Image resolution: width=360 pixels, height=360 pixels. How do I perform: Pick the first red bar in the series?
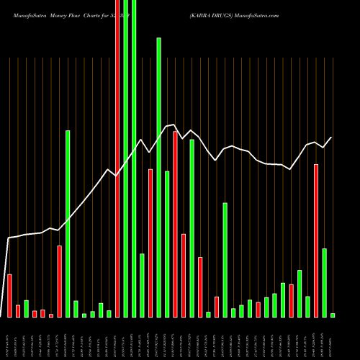(x=10, y=295)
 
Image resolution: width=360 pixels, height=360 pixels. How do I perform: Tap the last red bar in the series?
(x=316, y=240)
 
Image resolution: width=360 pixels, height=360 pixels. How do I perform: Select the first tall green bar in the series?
(x=68, y=223)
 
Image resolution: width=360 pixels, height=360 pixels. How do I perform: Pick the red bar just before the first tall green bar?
(x=60, y=281)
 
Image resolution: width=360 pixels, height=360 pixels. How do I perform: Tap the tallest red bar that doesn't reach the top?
(x=176, y=224)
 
